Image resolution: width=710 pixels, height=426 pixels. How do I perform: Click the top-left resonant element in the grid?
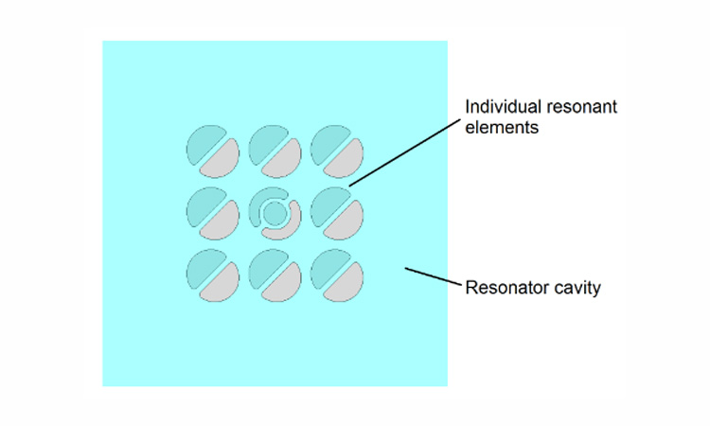pyautogui.click(x=213, y=151)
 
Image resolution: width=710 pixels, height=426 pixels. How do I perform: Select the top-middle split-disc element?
pyautogui.click(x=275, y=151)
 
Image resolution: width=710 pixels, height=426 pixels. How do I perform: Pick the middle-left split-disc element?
pyautogui.click(x=213, y=213)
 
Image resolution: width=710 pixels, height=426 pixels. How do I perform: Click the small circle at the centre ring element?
pyautogui.click(x=275, y=213)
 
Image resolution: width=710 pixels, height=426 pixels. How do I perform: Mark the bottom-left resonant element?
pyautogui.click(x=213, y=275)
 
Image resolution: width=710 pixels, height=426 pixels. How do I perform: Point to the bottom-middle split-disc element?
pyautogui.click(x=275, y=275)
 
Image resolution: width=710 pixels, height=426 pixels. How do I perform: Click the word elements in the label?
pyautogui.click(x=501, y=127)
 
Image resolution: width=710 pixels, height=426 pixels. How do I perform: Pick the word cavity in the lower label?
pyautogui.click(x=577, y=287)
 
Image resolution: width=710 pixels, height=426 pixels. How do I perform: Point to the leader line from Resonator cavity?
pyautogui.click(x=432, y=276)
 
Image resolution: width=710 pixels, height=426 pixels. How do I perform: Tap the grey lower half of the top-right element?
pyautogui.click(x=347, y=161)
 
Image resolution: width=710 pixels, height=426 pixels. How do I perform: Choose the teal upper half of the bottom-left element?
pyautogui.click(x=203, y=265)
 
